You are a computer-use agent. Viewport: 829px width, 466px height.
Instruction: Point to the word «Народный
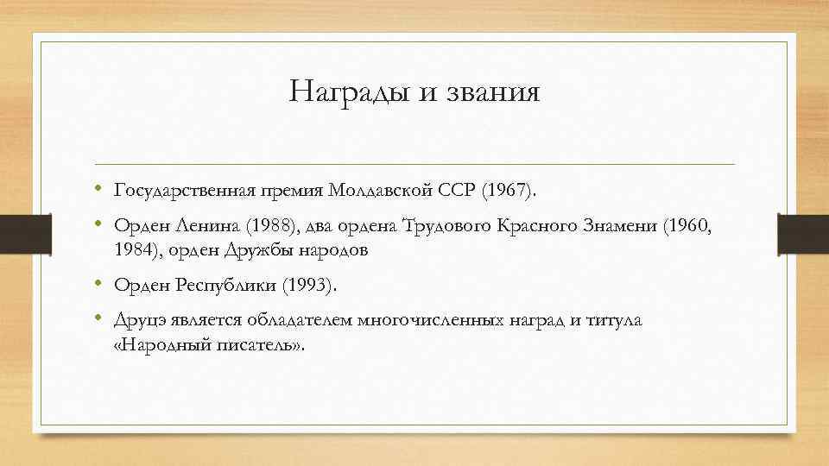coord(155,345)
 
